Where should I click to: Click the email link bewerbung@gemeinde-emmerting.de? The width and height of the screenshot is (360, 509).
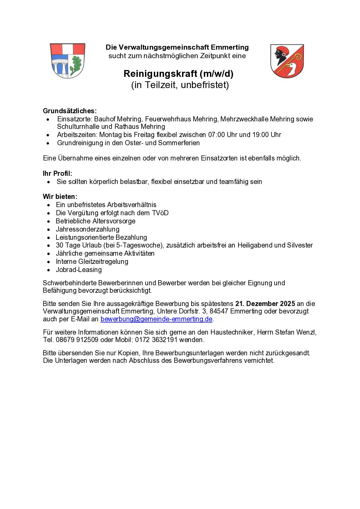point(156,319)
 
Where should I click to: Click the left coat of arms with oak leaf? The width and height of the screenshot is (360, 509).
point(67,61)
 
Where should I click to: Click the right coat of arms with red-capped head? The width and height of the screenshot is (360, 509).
point(287,61)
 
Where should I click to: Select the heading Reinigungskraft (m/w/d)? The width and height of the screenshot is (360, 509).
point(178,74)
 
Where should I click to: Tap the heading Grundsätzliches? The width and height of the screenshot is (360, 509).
point(70,111)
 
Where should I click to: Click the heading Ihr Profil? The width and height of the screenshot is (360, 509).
point(58,173)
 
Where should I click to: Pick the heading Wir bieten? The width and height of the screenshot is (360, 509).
point(60,197)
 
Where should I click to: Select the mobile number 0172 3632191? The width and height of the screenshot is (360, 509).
point(156,340)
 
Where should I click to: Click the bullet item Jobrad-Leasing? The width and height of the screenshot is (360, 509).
point(79,270)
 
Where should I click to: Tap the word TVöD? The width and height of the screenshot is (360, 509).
point(160,213)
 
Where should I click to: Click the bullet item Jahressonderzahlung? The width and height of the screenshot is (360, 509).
point(87,229)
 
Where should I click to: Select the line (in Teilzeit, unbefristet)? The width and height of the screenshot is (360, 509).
point(180,85)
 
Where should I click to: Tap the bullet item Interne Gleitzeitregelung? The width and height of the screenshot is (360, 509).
point(92,261)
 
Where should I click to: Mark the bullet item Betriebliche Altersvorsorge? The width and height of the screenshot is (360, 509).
point(95,221)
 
